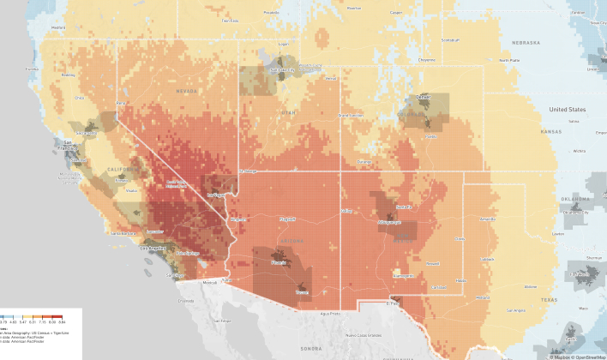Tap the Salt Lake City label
pos(282,70)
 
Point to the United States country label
pos(568,110)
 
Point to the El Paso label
pos(393,302)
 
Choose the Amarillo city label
pos(487,219)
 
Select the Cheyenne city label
pos(426,60)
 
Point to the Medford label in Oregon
pos(58,27)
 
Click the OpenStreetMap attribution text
pos(589,356)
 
